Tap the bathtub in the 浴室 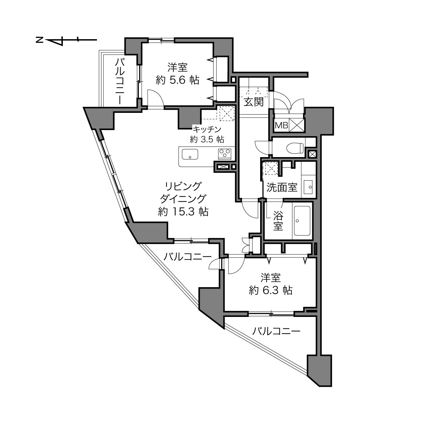[302, 220]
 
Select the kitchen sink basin [190, 154]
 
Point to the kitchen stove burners [224, 154]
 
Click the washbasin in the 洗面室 [309, 187]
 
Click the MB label [281, 125]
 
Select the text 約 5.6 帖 [177, 80]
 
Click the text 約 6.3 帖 [270, 291]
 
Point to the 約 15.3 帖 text [183, 212]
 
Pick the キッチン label [206, 129]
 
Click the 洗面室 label [282, 187]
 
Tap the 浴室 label [278, 220]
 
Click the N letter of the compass [40, 40]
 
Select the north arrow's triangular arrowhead [55, 42]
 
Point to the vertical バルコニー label [120, 81]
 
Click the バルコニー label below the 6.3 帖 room [276, 331]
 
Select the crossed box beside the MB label [297, 125]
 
